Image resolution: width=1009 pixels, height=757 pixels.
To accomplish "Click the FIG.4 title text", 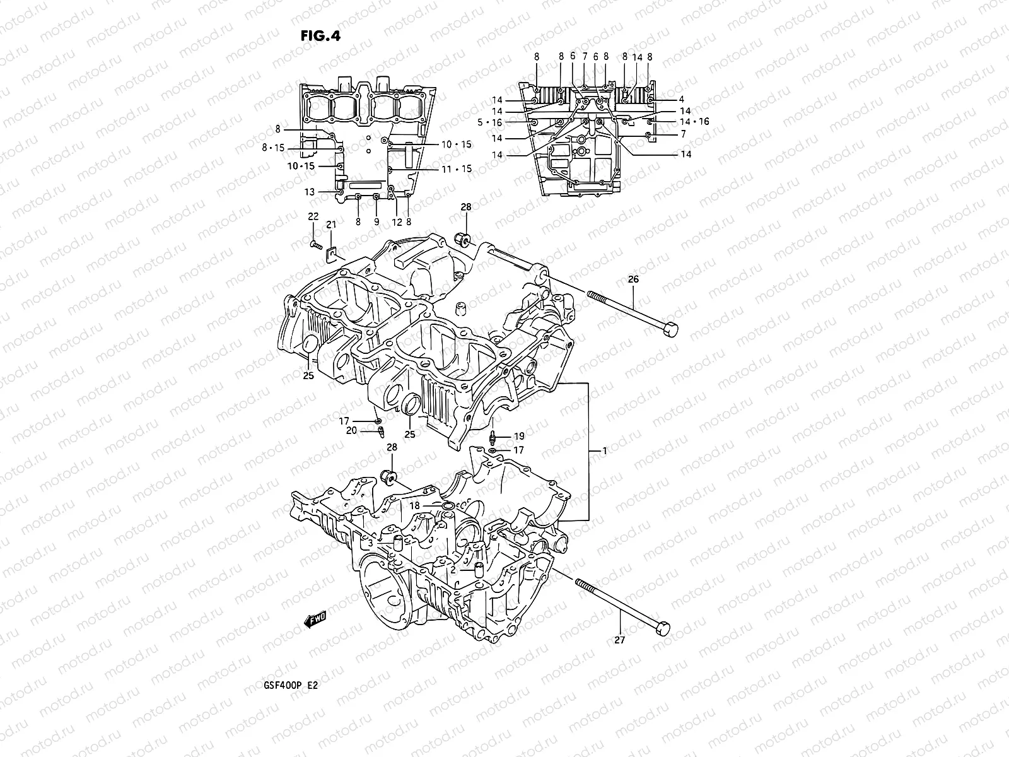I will [320, 35].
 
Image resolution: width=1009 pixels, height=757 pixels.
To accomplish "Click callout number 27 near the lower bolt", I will [620, 640].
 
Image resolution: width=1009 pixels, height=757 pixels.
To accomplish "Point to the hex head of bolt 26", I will [671, 329].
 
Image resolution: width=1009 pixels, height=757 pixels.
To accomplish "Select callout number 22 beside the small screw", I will [313, 217].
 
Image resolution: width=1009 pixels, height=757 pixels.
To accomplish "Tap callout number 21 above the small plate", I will [331, 225].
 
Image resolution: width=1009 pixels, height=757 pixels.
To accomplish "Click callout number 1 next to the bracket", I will [605, 451].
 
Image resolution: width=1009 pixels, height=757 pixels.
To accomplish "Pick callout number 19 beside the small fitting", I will [518, 436].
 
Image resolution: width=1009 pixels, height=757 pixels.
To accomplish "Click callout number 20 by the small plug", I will [351, 430].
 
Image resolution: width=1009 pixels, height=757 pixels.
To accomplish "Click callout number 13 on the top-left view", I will [309, 192].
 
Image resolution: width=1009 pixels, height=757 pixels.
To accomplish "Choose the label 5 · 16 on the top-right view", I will [507, 122].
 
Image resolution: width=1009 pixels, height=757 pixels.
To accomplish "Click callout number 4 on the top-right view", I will [682, 100].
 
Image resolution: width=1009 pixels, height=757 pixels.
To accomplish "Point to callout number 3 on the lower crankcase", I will [371, 543].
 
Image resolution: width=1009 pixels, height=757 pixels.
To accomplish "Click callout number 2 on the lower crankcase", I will [453, 570].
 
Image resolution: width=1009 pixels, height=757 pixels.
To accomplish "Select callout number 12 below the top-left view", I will [396, 222].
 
